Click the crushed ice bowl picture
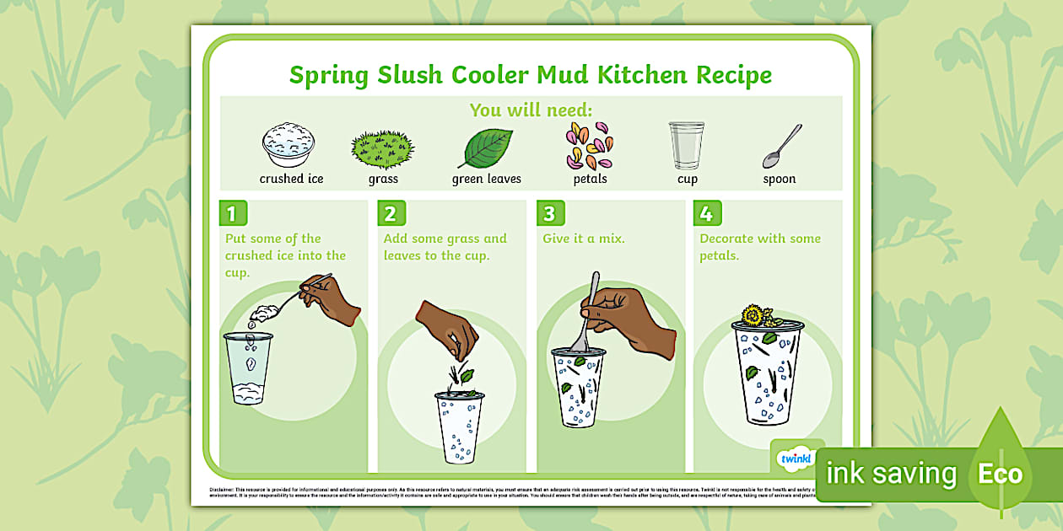coord(289,145)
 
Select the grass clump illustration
coord(382,148)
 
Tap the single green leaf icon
coord(486,148)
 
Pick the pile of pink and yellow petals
coord(589,146)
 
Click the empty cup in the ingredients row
coord(687,146)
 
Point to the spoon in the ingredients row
coord(782,146)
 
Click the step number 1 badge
coord(230,213)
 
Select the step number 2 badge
coord(389,213)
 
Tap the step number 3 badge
coord(548,213)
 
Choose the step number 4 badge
coord(706,213)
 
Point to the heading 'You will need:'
coord(531,110)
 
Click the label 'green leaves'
coord(487,179)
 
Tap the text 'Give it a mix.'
coord(584,239)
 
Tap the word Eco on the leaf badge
coord(1000,474)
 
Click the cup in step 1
coord(249,367)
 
